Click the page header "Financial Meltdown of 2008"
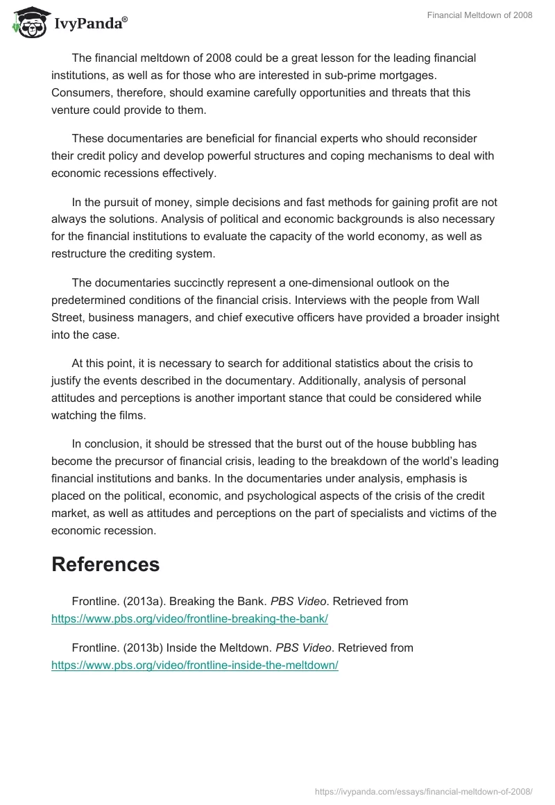click(x=479, y=15)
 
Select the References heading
click(x=105, y=564)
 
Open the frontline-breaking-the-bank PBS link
click(x=189, y=619)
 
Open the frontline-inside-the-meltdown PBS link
click(x=194, y=665)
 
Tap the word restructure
click(x=83, y=254)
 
